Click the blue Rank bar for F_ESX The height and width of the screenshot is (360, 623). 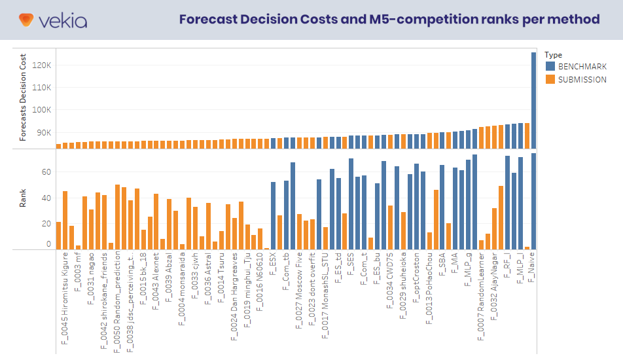click(274, 215)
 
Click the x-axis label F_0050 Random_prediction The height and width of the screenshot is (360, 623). click(117, 301)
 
